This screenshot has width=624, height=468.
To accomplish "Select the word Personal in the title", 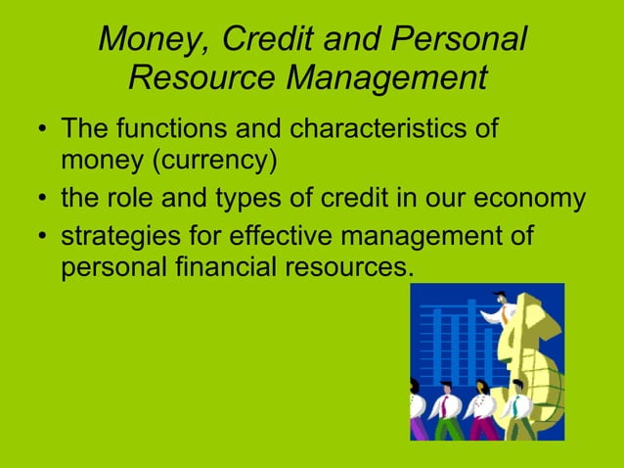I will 460,40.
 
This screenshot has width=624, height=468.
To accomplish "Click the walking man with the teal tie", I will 517,406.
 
